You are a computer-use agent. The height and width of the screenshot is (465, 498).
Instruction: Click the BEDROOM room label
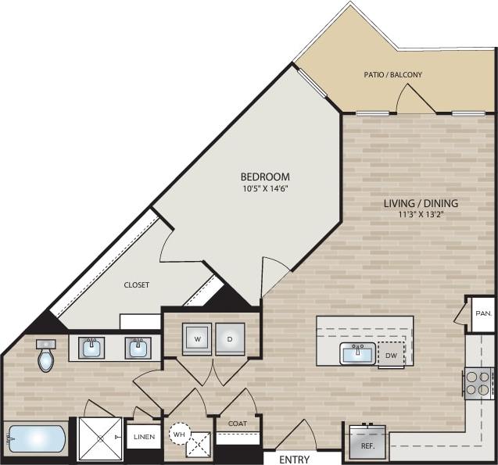(x=265, y=176)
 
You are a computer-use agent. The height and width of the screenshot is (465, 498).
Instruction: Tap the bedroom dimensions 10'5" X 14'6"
(x=265, y=188)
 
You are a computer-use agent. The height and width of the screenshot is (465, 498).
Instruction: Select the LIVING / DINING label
(x=421, y=203)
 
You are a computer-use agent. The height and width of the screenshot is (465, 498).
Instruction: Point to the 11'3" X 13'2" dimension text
(x=421, y=216)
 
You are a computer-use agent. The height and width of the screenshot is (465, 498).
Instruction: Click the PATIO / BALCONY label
(x=393, y=75)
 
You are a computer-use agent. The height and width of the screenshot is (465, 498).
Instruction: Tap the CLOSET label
(x=136, y=285)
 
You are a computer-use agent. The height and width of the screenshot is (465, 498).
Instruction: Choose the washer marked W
(x=196, y=339)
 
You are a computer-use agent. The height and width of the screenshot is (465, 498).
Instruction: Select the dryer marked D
(x=230, y=339)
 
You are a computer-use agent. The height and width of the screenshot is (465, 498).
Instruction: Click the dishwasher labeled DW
(x=392, y=355)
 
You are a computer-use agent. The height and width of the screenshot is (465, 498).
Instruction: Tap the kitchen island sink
(x=358, y=354)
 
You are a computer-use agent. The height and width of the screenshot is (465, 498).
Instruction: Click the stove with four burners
(x=478, y=382)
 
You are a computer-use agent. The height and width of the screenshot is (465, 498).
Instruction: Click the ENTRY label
(x=294, y=460)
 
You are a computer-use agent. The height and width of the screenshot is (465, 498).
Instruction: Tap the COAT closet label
(x=238, y=424)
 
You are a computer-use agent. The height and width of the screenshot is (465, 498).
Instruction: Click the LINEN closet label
(x=144, y=437)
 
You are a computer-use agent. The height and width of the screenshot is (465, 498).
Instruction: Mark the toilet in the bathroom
(x=46, y=357)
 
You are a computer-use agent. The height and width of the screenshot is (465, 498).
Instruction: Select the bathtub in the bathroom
(x=35, y=439)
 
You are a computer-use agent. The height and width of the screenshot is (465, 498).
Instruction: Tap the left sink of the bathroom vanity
(x=92, y=347)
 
